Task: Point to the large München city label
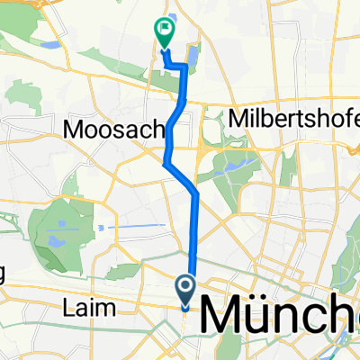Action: point(279,316)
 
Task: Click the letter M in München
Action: point(216,316)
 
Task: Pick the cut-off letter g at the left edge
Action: point(4,274)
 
